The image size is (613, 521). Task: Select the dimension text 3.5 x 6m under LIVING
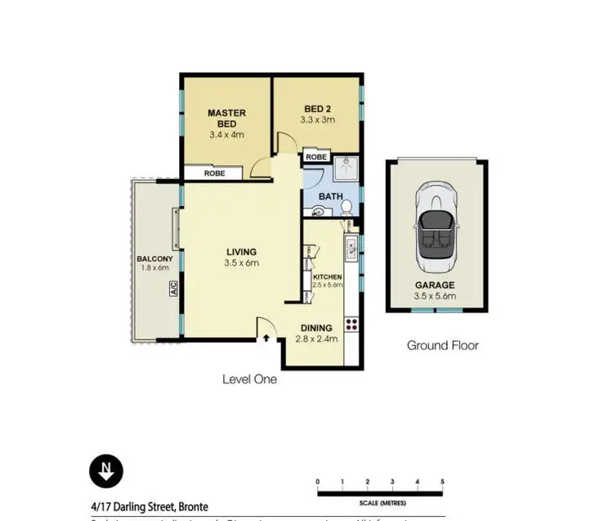(x=242, y=263)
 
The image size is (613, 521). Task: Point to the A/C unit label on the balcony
(x=173, y=289)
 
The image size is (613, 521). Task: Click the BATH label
(x=329, y=196)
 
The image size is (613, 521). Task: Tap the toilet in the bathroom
(x=347, y=205)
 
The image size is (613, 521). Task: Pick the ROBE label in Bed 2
(x=316, y=157)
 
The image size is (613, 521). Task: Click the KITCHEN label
(x=327, y=277)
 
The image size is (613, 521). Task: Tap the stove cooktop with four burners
(x=351, y=323)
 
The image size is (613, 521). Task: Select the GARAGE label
(x=437, y=285)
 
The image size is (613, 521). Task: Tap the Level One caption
(x=249, y=380)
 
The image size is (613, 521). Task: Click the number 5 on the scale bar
(x=442, y=481)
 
